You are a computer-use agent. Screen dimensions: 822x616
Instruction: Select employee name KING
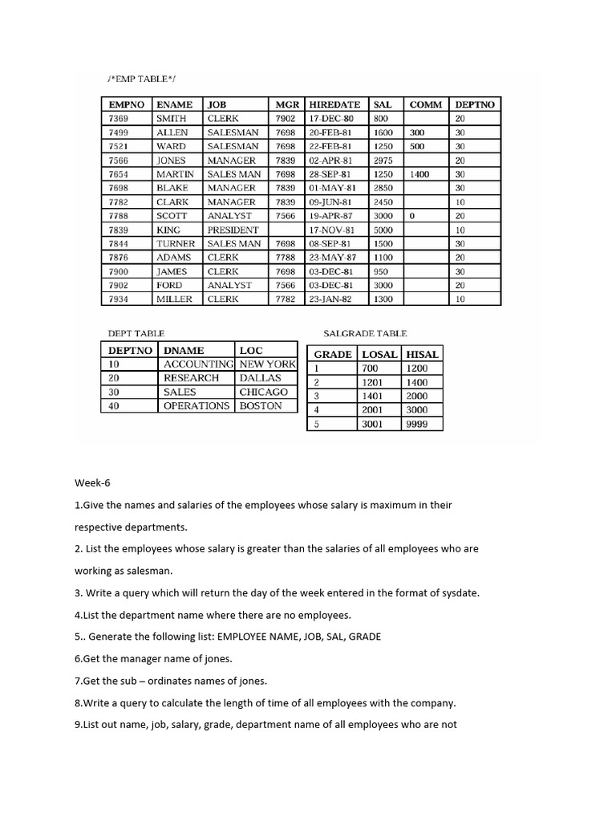(x=168, y=230)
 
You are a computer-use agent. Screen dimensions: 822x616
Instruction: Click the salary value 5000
(x=383, y=230)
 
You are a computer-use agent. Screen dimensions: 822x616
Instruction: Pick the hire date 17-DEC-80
(x=330, y=118)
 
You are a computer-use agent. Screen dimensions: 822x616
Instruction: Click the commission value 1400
(x=419, y=174)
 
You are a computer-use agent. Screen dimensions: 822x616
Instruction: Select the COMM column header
(x=426, y=104)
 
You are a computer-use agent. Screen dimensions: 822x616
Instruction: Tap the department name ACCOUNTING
(x=198, y=364)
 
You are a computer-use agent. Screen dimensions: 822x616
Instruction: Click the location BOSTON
(x=261, y=405)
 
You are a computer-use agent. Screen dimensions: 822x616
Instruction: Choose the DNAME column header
(x=184, y=350)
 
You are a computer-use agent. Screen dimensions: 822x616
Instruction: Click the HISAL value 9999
(x=417, y=424)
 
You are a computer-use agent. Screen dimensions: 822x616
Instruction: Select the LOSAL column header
(x=379, y=354)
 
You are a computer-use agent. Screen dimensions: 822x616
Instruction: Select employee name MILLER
(x=174, y=299)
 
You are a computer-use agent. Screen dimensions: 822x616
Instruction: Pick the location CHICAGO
(x=263, y=392)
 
